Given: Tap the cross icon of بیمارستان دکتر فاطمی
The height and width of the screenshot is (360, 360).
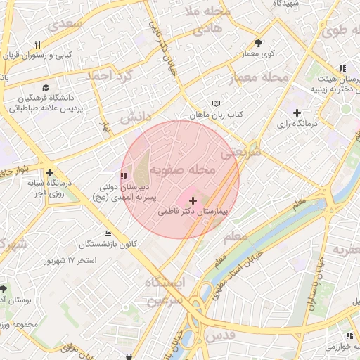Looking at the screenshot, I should pos(193,201).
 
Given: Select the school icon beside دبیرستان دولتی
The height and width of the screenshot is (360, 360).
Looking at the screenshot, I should pos(124,175).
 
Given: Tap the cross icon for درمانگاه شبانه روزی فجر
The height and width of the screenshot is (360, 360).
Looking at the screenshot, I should pos(49,172).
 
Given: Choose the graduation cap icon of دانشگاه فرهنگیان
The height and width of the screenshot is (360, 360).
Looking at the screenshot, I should pos(46,88).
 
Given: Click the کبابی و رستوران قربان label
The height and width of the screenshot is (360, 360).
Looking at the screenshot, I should pos(64,54).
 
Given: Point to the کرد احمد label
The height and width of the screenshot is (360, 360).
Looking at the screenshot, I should pos(108,75).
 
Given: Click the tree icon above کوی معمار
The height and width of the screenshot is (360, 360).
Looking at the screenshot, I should pos(259,42).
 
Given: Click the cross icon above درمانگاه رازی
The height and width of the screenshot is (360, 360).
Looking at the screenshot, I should pos(297,112).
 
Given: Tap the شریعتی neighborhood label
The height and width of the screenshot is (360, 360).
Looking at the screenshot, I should pos(240,151).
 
